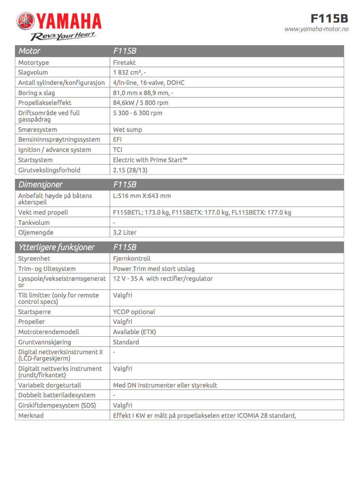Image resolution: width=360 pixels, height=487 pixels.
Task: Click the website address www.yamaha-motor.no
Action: (316, 29)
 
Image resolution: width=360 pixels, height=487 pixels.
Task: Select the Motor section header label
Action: (29, 51)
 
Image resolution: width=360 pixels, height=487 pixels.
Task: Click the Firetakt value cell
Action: (124, 63)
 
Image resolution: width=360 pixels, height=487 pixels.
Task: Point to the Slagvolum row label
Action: (33, 73)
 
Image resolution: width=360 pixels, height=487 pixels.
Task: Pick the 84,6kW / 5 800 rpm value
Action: (140, 103)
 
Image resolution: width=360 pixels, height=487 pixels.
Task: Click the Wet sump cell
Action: (127, 130)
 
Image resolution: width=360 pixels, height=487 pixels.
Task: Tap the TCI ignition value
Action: (118, 150)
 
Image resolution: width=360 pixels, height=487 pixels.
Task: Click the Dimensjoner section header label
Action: (40, 185)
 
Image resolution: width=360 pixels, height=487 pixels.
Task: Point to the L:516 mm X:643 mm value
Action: (142, 196)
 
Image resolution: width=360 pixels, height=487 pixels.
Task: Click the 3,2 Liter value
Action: (125, 233)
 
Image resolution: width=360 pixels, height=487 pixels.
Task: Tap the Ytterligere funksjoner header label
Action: (56, 248)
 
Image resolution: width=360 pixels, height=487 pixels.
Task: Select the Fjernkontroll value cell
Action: (131, 259)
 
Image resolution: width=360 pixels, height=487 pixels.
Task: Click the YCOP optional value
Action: (134, 312)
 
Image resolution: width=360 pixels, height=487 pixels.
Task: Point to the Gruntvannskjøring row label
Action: (44, 342)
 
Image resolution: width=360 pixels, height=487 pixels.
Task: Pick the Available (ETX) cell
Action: (134, 332)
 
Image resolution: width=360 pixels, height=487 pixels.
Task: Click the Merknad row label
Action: (31, 415)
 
